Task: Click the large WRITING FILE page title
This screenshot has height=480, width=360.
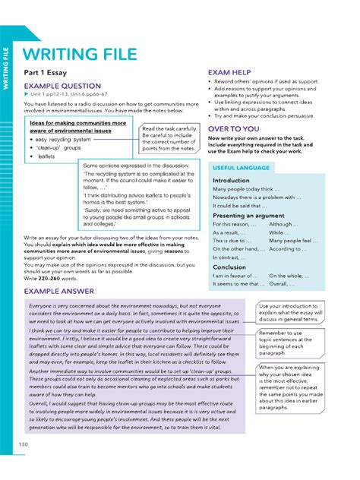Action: [x=80, y=54]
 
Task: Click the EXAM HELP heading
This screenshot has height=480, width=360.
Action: [x=229, y=74]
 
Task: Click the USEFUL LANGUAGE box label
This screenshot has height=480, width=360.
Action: [x=242, y=167]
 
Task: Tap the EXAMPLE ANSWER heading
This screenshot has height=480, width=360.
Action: [x=58, y=291]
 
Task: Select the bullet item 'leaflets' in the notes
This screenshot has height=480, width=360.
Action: [x=48, y=156]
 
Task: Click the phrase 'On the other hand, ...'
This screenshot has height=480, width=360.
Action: [x=239, y=249]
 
